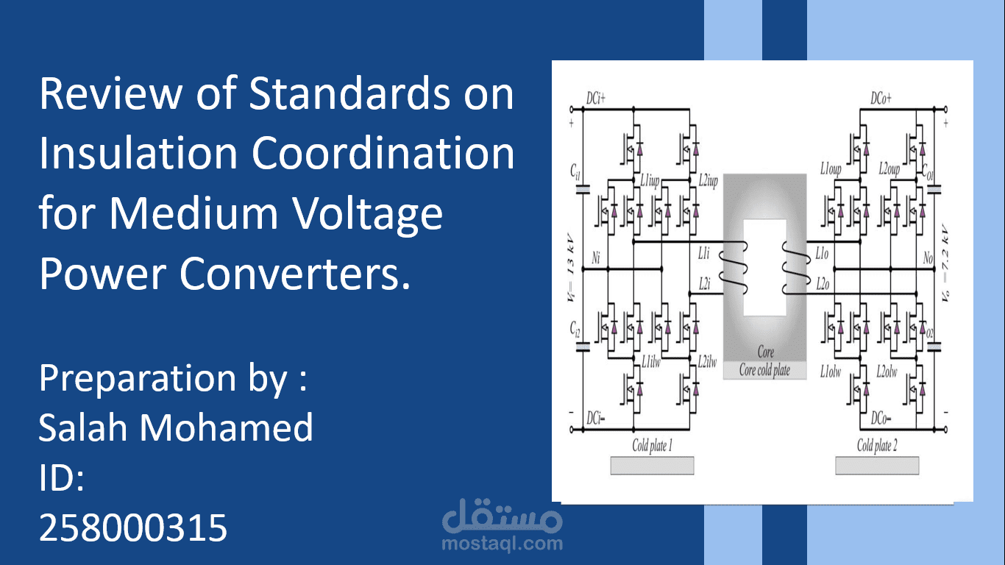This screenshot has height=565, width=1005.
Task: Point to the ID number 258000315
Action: pyautogui.click(x=133, y=527)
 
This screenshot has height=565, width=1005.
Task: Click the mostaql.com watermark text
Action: pyautogui.click(x=502, y=544)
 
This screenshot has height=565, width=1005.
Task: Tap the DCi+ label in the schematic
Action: pyautogui.click(x=595, y=99)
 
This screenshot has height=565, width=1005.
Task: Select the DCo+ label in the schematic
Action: pyautogui.click(x=881, y=99)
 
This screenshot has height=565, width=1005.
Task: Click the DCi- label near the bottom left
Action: pyautogui.click(x=595, y=419)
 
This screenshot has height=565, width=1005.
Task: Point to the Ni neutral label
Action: pyautogui.click(x=596, y=258)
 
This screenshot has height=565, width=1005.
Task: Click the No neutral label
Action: pyautogui.click(x=928, y=258)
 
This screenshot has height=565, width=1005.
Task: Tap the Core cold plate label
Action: pyautogui.click(x=764, y=370)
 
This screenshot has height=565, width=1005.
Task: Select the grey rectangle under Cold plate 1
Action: pyautogui.click(x=652, y=466)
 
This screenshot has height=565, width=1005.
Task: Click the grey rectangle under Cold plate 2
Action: pyautogui.click(x=877, y=466)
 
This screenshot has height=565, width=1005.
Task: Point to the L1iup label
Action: pyautogui.click(x=650, y=181)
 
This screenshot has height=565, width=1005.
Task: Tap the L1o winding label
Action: pyautogui.click(x=822, y=254)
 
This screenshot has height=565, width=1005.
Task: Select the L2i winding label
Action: pyautogui.click(x=704, y=284)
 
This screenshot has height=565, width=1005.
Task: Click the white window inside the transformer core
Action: pyautogui.click(x=765, y=268)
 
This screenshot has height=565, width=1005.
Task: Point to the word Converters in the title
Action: pyautogui.click(x=295, y=273)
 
